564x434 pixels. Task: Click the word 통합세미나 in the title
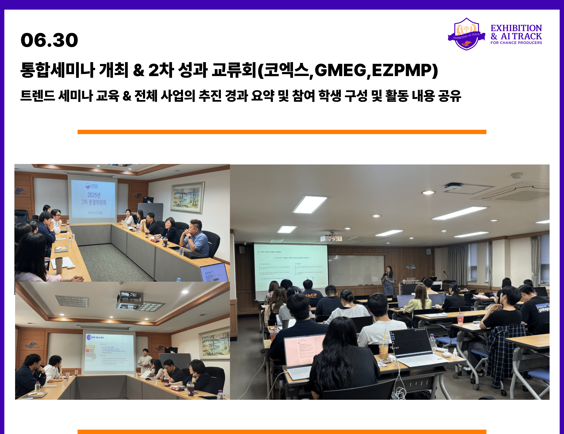[57, 70]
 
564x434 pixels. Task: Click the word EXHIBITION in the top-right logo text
[516, 28]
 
